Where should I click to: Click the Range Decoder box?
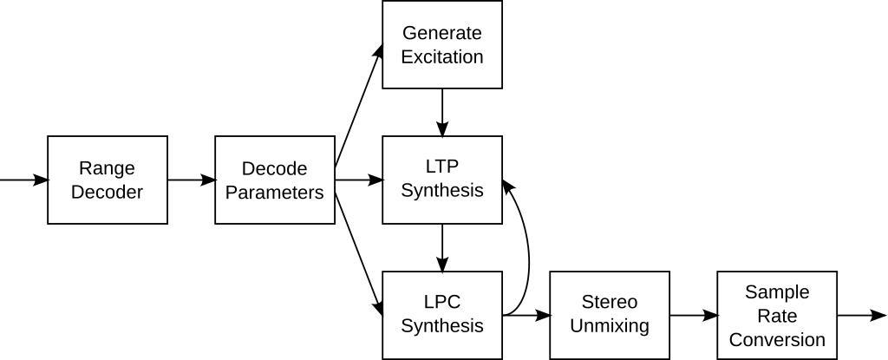[108, 180]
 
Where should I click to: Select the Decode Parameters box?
[275, 180]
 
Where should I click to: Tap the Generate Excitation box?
[442, 44]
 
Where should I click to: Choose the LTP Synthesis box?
[442, 180]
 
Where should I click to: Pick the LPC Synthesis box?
[442, 315]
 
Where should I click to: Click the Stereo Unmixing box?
[610, 315]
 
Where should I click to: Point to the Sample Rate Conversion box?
[777, 315]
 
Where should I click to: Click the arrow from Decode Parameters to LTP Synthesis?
[359, 180]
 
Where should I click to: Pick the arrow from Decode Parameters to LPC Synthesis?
[359, 247]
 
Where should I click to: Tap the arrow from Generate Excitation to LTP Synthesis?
[442, 112]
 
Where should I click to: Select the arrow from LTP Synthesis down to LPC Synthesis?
[442, 247]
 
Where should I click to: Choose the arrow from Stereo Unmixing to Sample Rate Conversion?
[694, 316]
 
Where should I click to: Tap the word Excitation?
[442, 57]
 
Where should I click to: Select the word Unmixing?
[610, 327]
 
